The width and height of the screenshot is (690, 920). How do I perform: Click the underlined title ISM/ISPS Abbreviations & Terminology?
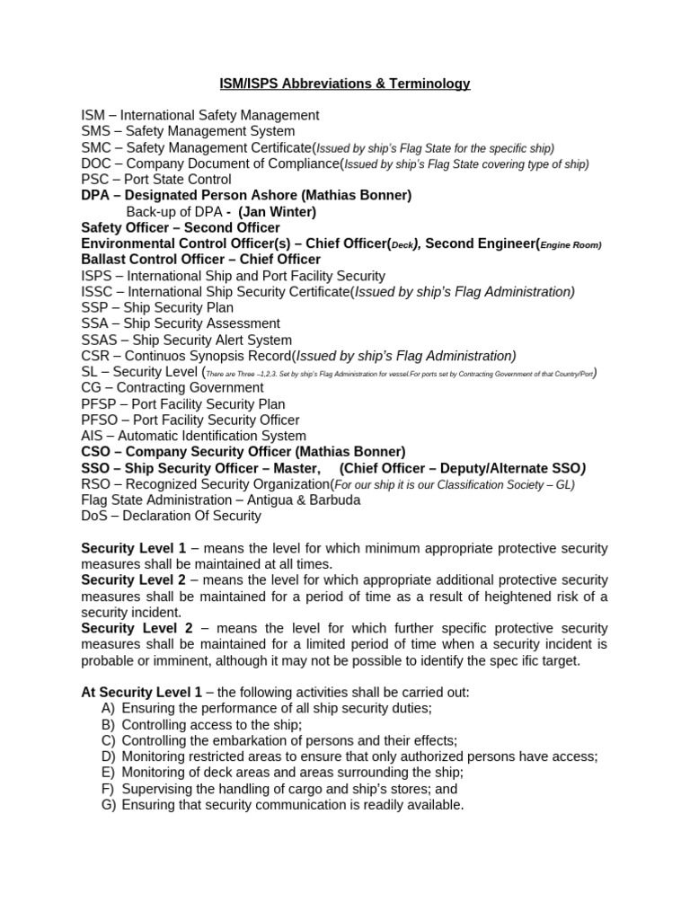click(345, 84)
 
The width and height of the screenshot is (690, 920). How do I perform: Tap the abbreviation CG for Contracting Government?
click(91, 388)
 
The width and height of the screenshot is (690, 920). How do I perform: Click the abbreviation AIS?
click(93, 436)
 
